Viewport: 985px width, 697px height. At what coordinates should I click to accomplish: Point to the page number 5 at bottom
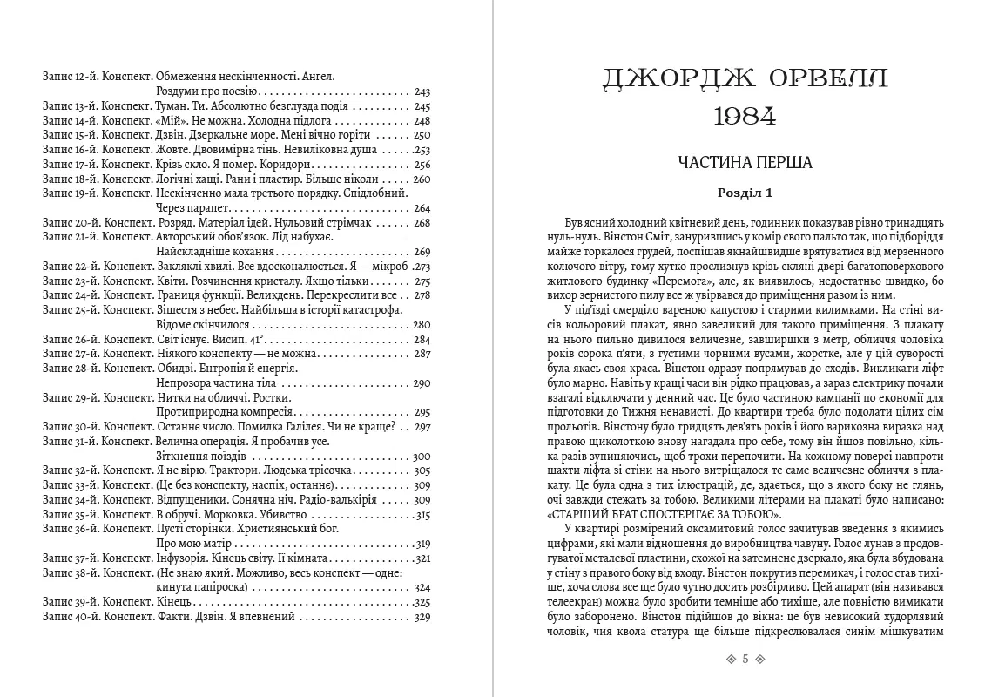pos(745,660)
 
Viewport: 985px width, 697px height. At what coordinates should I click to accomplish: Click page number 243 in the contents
pos(423,91)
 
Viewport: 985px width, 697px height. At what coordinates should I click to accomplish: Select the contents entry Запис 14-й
pos(70,121)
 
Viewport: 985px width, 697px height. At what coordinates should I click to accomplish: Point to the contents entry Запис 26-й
pos(70,340)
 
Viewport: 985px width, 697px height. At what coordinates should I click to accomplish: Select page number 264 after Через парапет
pos(423,209)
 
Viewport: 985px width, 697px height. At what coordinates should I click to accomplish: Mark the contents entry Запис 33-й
pos(70,486)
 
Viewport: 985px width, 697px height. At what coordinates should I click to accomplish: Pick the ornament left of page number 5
pos(730,660)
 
